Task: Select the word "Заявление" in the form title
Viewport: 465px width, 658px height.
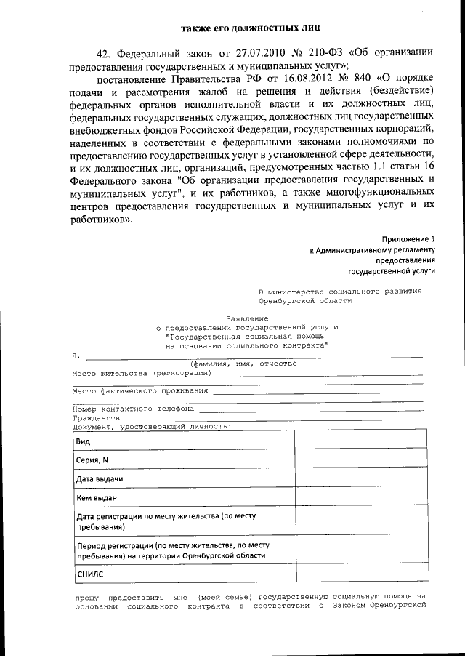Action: click(x=247, y=318)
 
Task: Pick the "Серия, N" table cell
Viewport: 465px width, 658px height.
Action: click(x=92, y=460)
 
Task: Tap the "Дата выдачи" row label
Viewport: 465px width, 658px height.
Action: click(x=99, y=479)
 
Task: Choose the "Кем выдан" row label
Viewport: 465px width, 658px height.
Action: click(x=96, y=498)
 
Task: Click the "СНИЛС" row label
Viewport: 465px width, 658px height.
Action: click(x=90, y=574)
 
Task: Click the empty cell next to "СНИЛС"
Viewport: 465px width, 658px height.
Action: click(x=358, y=574)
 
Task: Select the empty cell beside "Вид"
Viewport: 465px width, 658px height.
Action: click(x=358, y=441)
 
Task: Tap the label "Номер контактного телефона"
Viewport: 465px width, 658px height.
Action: click(x=133, y=409)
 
